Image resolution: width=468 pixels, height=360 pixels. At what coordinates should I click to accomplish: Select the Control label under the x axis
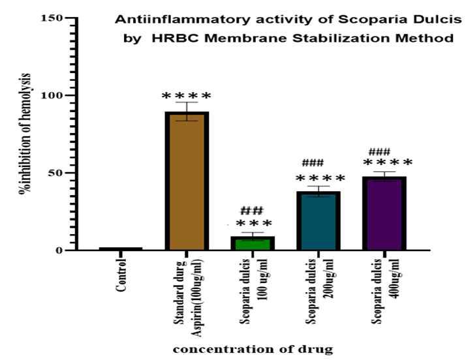[121, 276]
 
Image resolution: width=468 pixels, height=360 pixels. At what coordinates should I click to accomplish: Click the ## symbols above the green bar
[252, 210]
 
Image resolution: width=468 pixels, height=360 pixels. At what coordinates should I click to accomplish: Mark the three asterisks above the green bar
[254, 224]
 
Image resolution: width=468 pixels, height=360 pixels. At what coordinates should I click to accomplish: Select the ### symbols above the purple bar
[379, 151]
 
